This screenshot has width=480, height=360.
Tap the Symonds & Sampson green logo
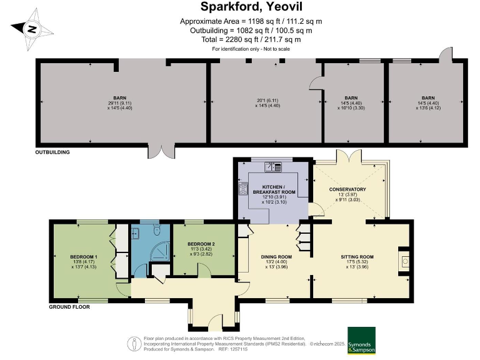[361, 340]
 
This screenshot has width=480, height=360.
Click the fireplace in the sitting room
[404, 259]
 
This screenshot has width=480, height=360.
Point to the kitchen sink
[272, 166]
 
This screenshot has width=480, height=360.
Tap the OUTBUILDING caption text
[52, 152]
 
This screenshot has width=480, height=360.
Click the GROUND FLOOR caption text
[69, 307]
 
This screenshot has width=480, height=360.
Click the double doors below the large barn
[165, 152]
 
